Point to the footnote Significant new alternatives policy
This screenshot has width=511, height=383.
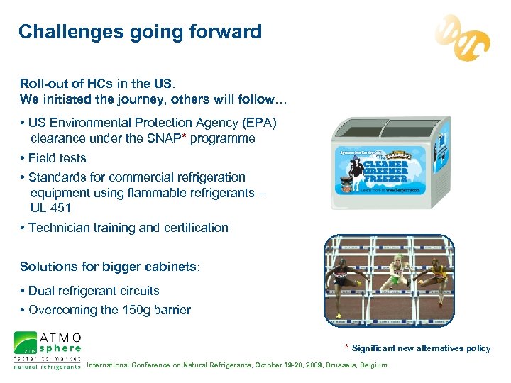pyautogui.click(x=421, y=348)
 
